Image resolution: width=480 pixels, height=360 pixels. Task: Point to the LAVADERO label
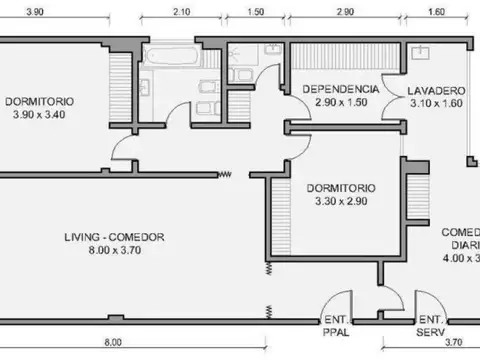click(435, 90)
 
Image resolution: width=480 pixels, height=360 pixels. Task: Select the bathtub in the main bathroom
click(164, 54)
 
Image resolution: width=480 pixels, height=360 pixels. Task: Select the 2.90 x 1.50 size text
click(341, 103)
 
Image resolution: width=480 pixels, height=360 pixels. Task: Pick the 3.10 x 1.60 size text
click(435, 103)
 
